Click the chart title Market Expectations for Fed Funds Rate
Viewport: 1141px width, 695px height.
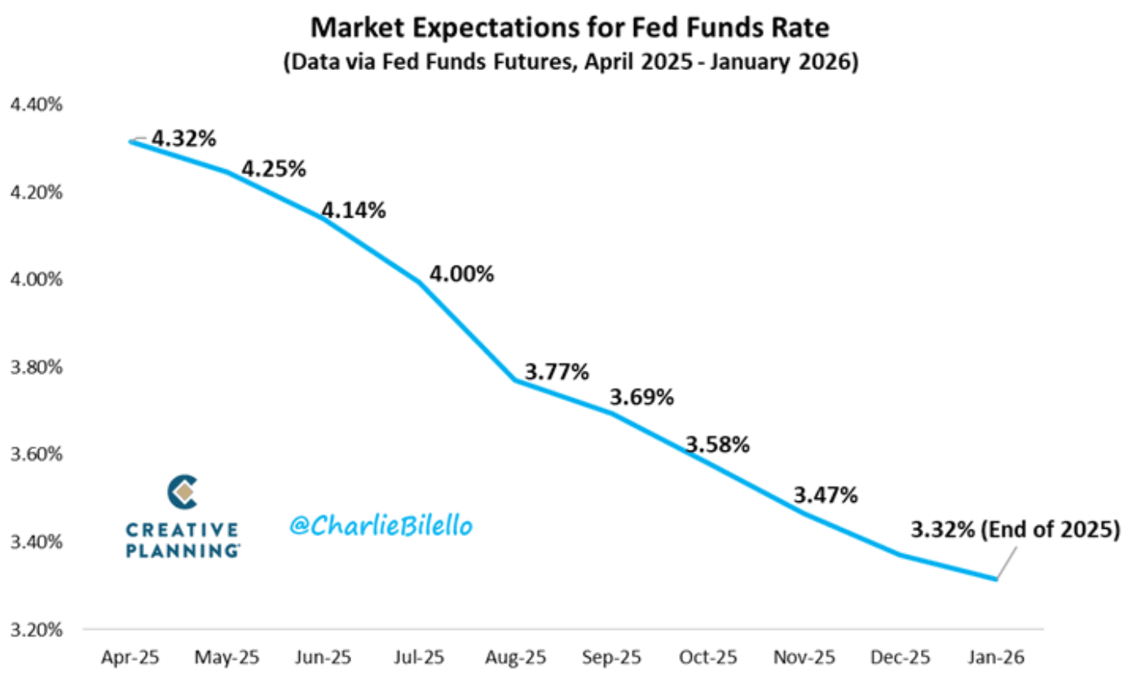pos(570,29)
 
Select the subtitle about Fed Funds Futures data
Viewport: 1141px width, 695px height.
pos(570,64)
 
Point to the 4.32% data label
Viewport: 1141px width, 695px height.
pos(184,139)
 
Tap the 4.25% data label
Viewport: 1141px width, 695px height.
pos(274,169)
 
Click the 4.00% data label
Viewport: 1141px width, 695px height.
pos(461,274)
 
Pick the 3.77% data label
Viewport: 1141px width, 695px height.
pos(556,372)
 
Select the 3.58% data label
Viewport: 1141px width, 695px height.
pos(717,445)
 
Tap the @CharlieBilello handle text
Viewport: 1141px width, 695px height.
pos(381,526)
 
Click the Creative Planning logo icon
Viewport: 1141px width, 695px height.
pos(183,492)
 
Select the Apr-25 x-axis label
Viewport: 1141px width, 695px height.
pos(130,657)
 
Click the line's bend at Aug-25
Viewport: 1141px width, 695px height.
pos(514,380)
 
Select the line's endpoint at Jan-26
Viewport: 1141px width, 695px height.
pos(995,579)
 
